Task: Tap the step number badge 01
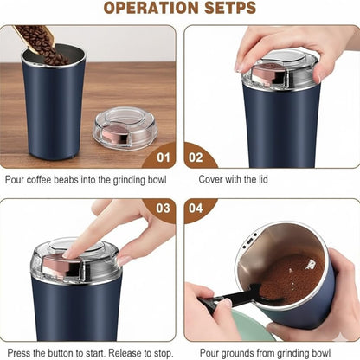(159, 158)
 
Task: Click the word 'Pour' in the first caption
(16, 181)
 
